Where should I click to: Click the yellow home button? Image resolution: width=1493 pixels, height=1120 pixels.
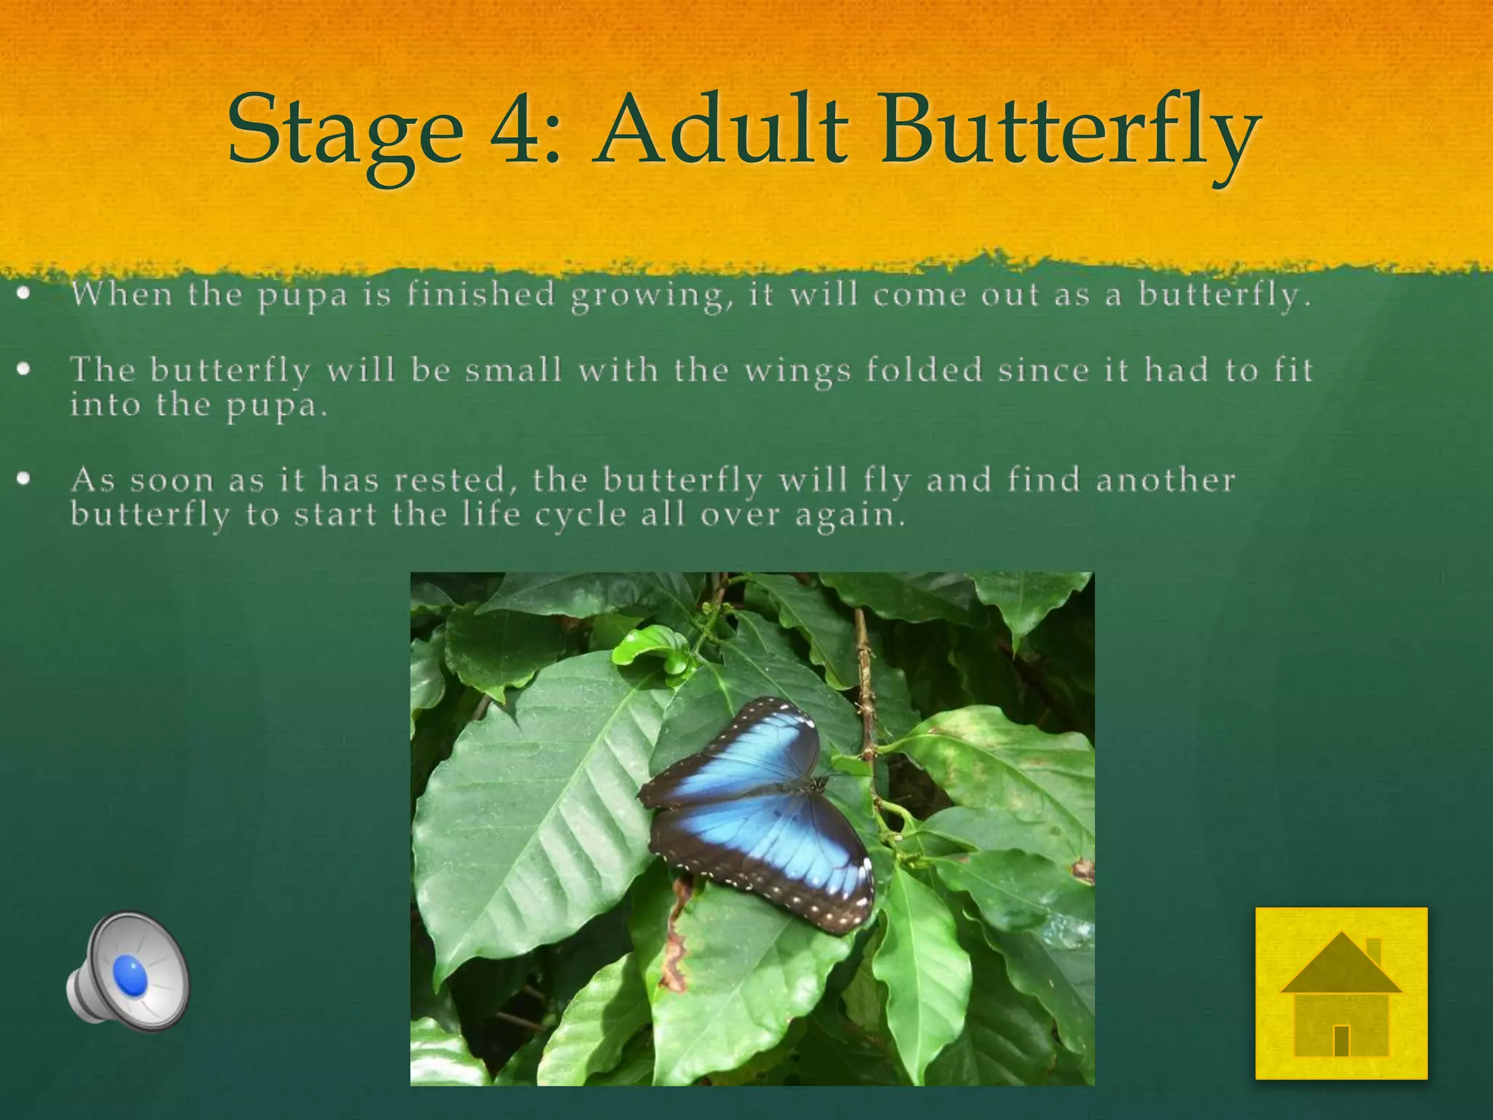(x=1341, y=992)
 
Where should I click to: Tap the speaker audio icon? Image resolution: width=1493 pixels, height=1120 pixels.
(x=128, y=967)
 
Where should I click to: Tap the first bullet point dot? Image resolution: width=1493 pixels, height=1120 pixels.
(x=25, y=295)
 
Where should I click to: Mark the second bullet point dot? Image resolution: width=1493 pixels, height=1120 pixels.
(x=25, y=370)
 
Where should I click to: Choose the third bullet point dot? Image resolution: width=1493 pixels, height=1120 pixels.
(x=25, y=479)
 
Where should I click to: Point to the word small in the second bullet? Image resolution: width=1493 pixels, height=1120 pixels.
(x=514, y=370)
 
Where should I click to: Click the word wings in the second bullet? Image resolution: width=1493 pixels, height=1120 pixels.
(x=797, y=371)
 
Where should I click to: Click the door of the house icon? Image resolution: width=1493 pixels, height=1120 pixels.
(x=1341, y=1041)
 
